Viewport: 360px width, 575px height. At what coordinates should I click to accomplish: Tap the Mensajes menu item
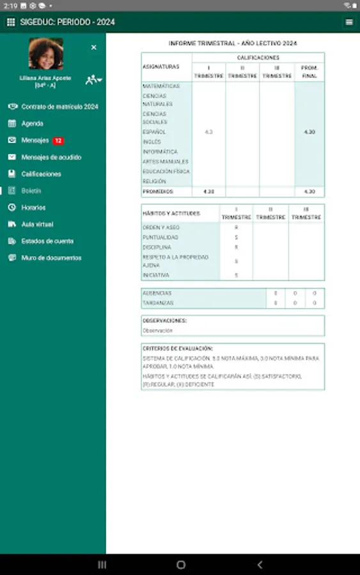[x=35, y=141]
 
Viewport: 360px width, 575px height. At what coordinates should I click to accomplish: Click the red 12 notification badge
[x=58, y=141]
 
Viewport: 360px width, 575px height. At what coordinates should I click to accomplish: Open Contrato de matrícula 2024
[x=59, y=107]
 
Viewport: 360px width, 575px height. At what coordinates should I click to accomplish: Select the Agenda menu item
[x=32, y=123]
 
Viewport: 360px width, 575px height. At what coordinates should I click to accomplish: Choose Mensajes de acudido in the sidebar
[x=51, y=157]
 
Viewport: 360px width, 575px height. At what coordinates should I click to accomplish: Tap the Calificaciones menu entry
[x=41, y=174]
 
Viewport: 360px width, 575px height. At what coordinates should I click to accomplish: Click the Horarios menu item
[x=33, y=208]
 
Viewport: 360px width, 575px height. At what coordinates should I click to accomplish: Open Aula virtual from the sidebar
[x=37, y=224]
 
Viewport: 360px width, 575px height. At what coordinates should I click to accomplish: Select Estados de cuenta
[x=47, y=241]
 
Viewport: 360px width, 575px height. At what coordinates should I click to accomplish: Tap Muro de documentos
[x=51, y=258]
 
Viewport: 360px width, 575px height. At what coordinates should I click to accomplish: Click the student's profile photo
[x=46, y=54]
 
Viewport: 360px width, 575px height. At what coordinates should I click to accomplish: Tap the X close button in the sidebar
[x=93, y=47]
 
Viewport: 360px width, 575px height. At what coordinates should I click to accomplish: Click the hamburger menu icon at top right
[x=349, y=22]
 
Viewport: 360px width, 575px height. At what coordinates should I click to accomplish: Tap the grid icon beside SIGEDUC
[x=10, y=22]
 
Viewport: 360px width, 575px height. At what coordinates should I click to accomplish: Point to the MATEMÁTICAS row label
[x=160, y=86]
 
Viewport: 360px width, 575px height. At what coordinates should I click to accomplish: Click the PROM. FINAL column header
[x=309, y=71]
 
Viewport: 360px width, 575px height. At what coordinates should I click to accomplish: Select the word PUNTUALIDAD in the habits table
[x=157, y=238]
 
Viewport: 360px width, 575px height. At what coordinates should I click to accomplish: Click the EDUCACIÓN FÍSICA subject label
[x=166, y=172]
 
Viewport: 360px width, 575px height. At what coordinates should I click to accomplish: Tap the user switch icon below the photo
[x=93, y=79]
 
